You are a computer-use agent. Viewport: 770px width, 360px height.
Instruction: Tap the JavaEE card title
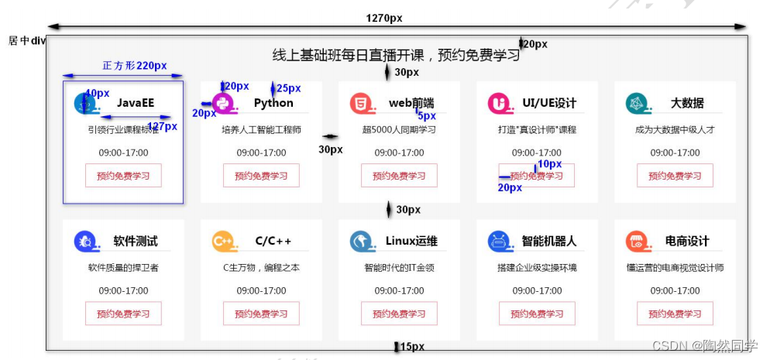click(136, 103)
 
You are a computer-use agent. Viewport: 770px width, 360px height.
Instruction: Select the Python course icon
click(222, 103)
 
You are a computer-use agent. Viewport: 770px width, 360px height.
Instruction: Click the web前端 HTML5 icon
click(360, 103)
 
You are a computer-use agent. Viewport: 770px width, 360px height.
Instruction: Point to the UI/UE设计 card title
click(549, 103)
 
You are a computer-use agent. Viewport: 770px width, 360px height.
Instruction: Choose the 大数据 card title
click(687, 103)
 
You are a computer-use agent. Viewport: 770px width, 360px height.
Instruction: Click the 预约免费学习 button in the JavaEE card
click(123, 176)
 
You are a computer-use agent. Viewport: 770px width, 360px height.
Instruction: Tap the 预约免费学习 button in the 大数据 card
click(675, 176)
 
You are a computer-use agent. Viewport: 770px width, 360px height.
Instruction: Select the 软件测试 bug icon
click(84, 242)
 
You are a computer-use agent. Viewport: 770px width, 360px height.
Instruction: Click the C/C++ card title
click(273, 242)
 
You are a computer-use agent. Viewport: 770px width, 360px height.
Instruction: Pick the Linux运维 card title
click(411, 242)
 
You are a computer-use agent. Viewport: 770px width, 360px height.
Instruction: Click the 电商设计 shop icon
click(636, 242)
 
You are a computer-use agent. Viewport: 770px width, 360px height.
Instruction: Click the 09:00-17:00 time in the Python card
click(261, 153)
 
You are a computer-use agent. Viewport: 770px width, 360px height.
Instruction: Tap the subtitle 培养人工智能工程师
click(261, 129)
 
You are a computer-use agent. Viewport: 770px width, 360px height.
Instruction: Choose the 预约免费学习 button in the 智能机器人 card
click(537, 314)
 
